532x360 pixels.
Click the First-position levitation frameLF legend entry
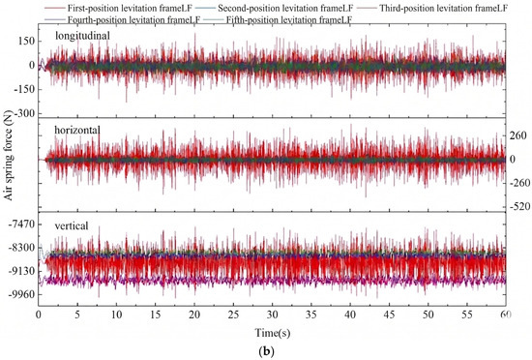119,8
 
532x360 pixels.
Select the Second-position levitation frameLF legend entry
275,8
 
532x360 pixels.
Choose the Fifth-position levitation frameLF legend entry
278,19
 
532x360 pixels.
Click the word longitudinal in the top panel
82,36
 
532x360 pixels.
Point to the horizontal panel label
77,130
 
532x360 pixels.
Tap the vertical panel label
72,225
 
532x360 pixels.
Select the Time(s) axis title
273,333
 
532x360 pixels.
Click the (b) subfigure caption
266,351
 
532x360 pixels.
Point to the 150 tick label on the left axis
27,41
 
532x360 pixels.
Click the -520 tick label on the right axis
518,206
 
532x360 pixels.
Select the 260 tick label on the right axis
518,135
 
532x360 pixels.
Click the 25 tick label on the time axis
233,315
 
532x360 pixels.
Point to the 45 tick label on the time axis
389,315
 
